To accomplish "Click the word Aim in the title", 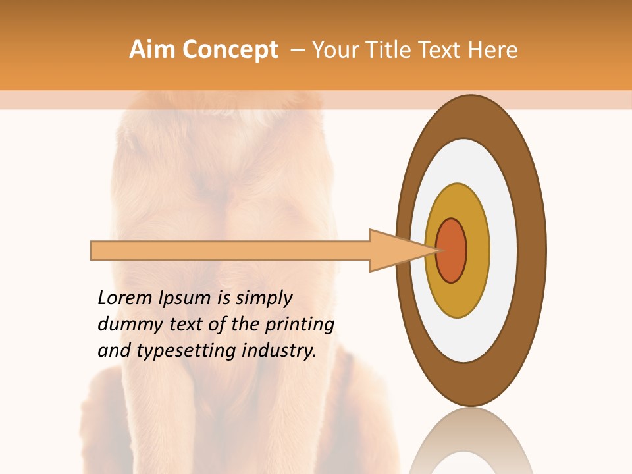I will click(153, 50).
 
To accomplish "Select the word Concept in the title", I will click(230, 50).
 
